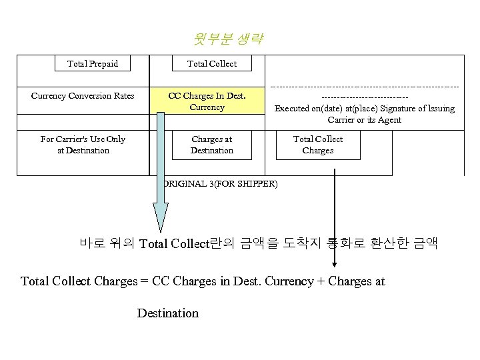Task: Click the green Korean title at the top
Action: click(x=229, y=39)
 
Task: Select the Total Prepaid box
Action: click(x=93, y=64)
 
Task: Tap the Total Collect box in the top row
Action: click(x=211, y=64)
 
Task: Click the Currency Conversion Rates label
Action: click(x=83, y=96)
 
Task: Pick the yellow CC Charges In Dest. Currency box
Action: click(x=207, y=101)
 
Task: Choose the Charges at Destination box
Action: click(x=211, y=145)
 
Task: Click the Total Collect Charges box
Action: click(x=318, y=145)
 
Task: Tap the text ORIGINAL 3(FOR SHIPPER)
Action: click(x=220, y=184)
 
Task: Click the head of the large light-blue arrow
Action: click(x=161, y=217)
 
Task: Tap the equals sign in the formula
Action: click(x=144, y=281)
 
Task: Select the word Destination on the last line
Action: click(x=167, y=313)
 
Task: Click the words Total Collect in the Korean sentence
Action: click(x=174, y=243)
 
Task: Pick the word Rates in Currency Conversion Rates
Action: click(x=123, y=96)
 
